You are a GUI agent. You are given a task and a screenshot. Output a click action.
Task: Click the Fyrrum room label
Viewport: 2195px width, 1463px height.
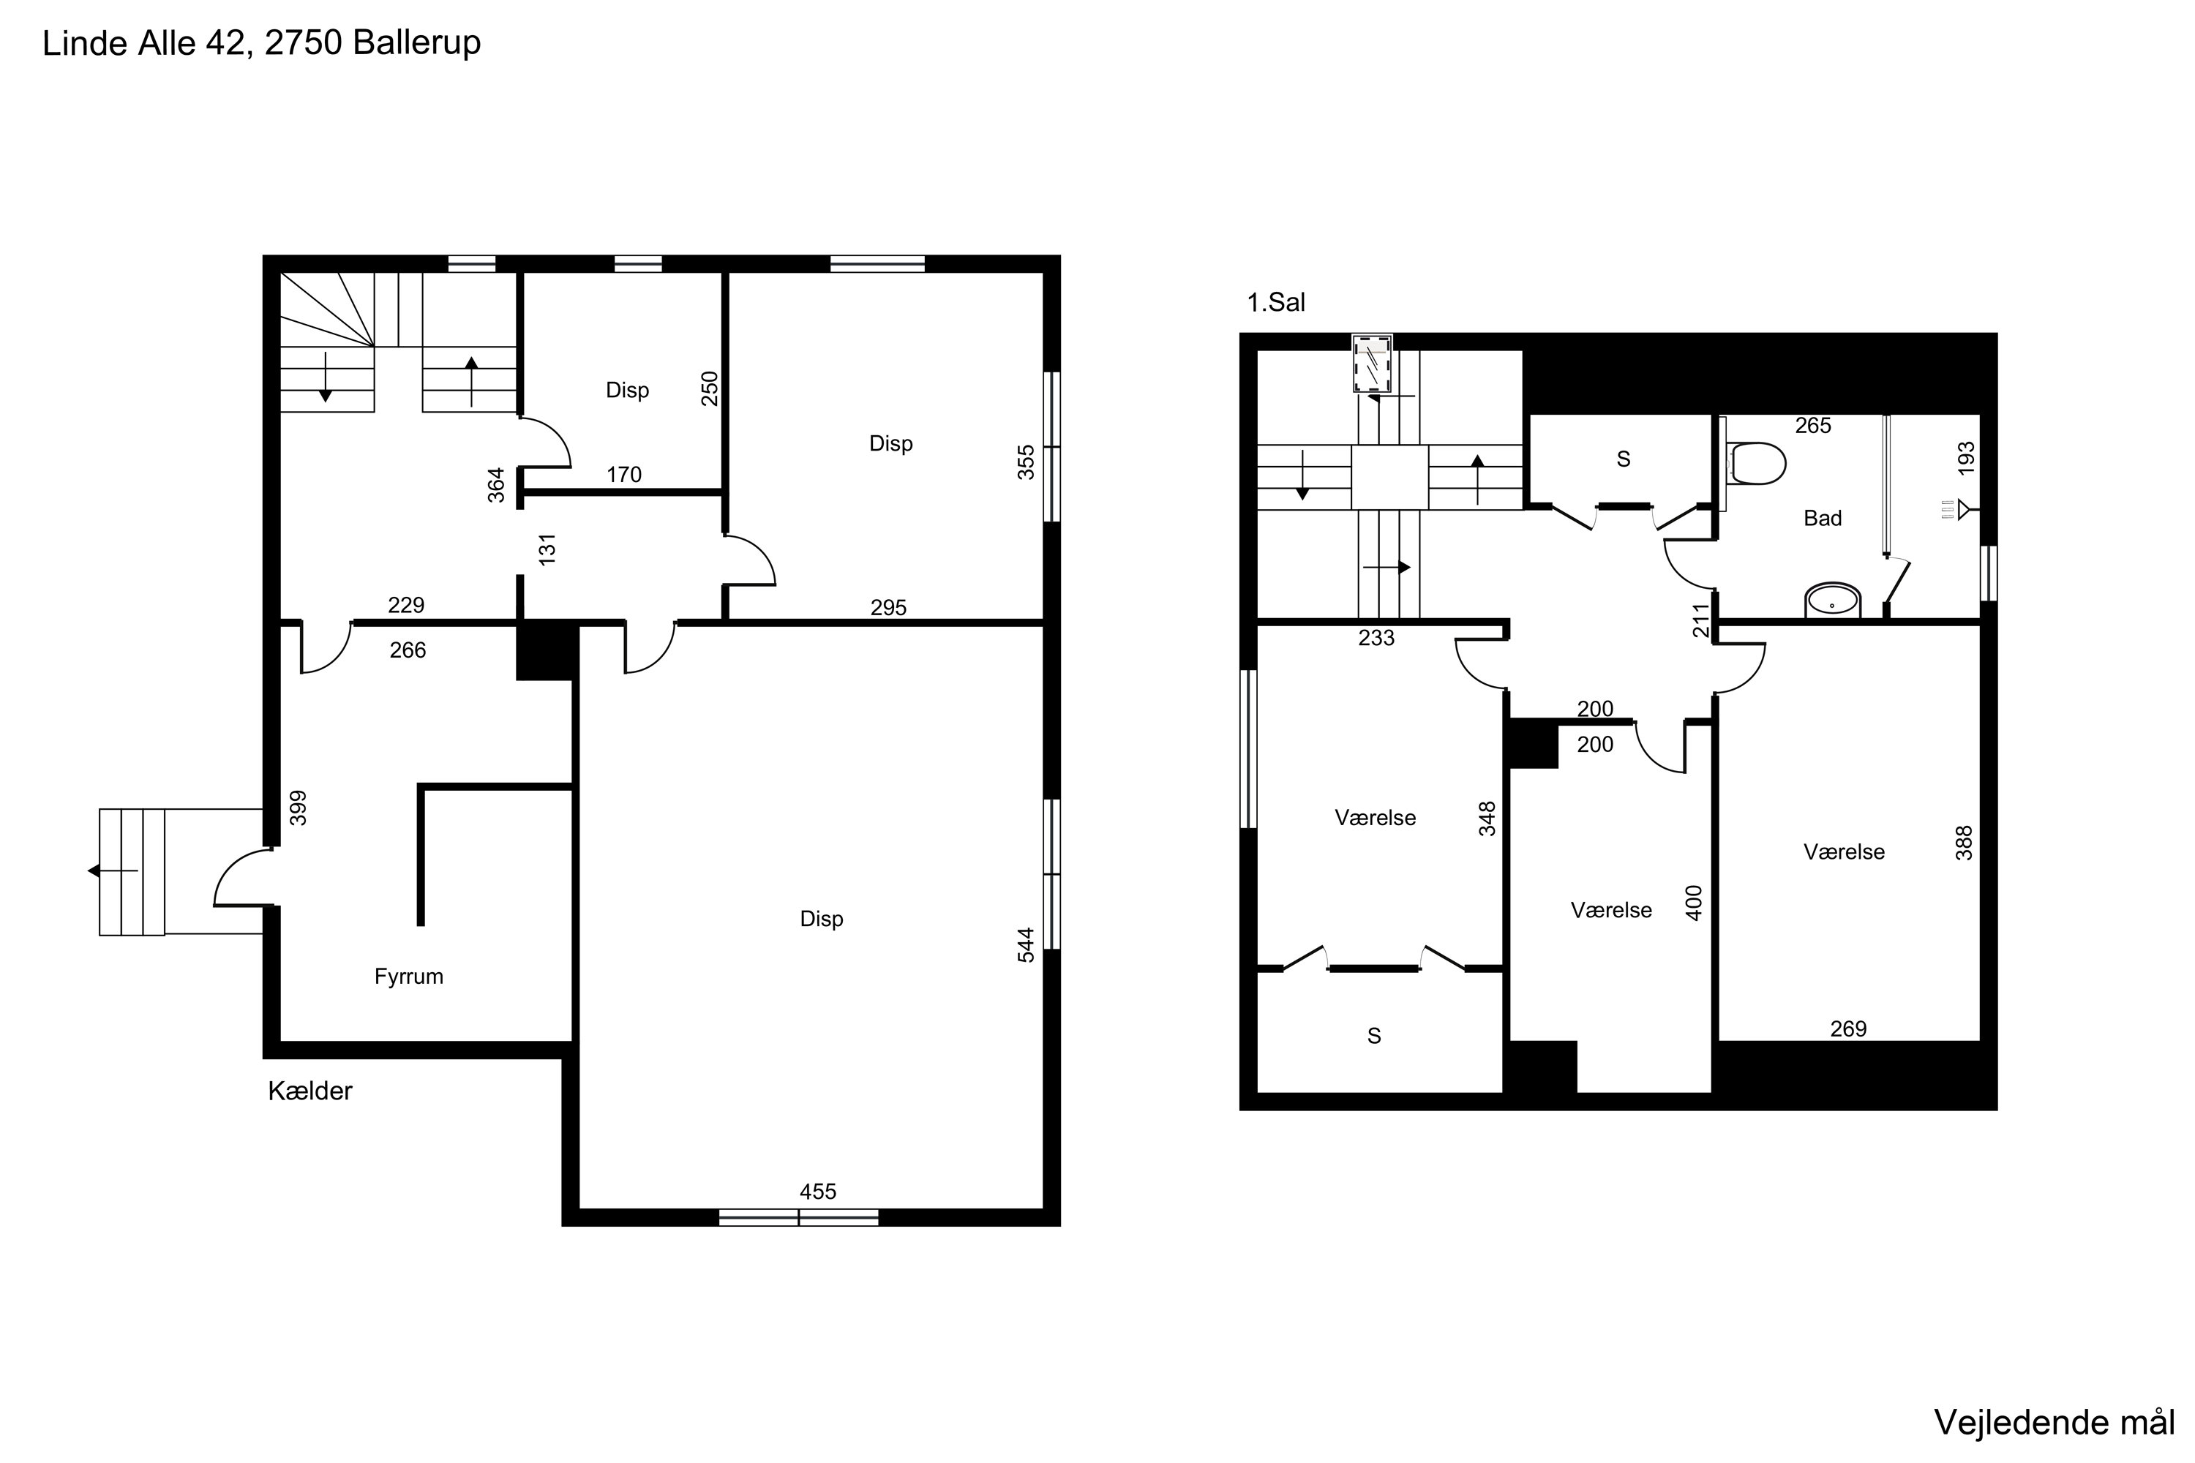[x=409, y=977]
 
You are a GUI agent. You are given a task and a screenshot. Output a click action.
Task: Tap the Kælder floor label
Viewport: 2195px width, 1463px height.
[x=309, y=1091]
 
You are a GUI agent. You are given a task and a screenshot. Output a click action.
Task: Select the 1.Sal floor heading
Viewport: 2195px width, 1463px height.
[x=1276, y=302]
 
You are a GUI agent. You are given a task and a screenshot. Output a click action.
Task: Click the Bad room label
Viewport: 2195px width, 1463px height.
[x=1823, y=518]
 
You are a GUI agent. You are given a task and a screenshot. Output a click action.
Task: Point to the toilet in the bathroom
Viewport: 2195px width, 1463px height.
[x=1755, y=463]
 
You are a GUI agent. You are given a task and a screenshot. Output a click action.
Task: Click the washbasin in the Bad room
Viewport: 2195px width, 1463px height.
[x=1833, y=601]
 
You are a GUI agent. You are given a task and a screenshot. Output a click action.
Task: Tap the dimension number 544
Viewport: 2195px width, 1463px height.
[x=1026, y=944]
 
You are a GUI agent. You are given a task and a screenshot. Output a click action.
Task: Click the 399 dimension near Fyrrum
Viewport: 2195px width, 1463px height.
[x=298, y=808]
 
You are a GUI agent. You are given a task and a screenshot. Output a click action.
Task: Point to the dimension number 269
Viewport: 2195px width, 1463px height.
[x=1848, y=1029]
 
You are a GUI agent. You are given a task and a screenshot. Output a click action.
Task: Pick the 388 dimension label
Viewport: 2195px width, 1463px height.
[x=1965, y=843]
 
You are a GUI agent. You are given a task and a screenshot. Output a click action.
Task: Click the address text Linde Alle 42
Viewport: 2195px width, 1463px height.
[x=146, y=43]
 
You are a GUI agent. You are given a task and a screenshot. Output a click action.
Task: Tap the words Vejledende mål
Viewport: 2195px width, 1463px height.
[x=2054, y=1422]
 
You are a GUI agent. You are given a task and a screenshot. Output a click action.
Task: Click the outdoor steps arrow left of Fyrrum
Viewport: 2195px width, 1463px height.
[x=113, y=870]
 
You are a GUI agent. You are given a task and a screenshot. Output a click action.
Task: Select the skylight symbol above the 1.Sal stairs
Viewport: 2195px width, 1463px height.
[x=1372, y=364]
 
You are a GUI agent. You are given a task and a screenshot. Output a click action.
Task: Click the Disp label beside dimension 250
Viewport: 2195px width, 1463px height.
[x=627, y=390]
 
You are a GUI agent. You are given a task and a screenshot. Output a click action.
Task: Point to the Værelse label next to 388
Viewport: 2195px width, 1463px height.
[x=1844, y=852]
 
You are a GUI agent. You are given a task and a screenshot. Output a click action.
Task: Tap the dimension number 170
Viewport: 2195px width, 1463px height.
[x=624, y=475]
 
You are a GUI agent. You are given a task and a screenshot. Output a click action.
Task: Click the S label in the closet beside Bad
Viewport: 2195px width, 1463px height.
[x=1623, y=459]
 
